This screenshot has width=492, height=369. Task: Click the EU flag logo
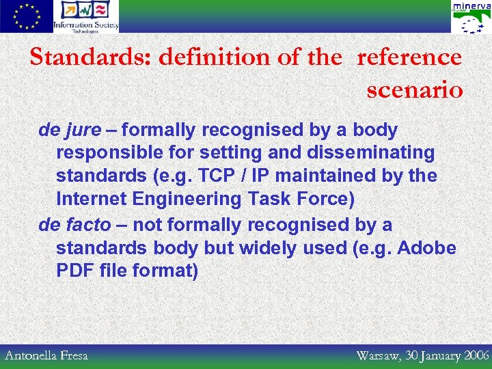click(x=26, y=16)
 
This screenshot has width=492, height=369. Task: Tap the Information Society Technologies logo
click(x=86, y=16)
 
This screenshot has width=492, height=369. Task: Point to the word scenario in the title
click(x=415, y=90)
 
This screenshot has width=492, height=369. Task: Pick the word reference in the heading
click(x=409, y=57)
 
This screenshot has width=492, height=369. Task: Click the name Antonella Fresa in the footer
click(x=46, y=355)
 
